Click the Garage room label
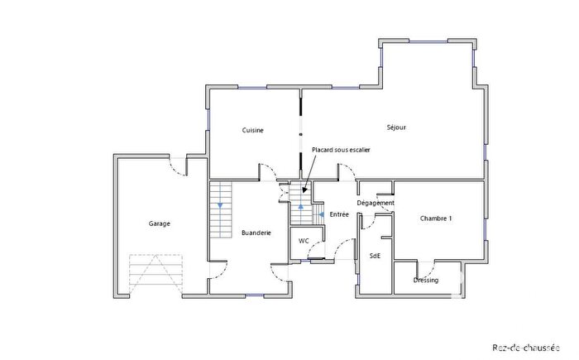(x=160, y=223)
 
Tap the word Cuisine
(x=252, y=131)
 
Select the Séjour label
(x=396, y=127)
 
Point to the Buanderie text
(x=256, y=233)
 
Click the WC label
(x=304, y=241)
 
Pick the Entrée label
(x=339, y=214)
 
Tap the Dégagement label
(x=376, y=203)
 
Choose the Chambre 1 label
(x=436, y=218)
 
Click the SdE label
(x=375, y=256)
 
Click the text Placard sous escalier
(x=341, y=150)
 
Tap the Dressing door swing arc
(x=428, y=269)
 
